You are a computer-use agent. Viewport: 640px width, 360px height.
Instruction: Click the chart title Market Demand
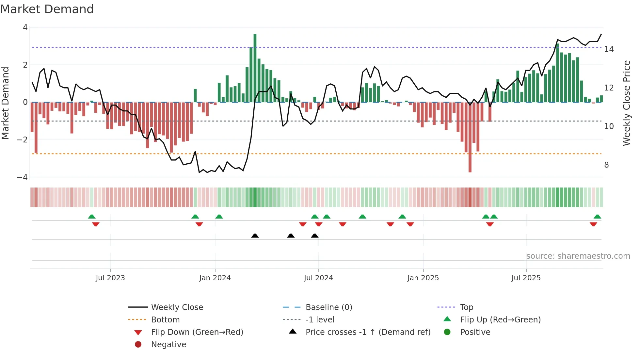coord(47,9)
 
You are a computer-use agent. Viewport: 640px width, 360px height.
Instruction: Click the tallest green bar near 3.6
coord(255,68)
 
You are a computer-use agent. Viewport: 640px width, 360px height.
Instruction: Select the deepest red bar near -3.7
coord(470,137)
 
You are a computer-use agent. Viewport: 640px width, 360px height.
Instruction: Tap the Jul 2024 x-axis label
coord(318,278)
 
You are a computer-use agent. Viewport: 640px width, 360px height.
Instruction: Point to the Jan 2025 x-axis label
coord(423,278)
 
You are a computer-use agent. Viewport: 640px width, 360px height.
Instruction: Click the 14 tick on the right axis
coord(609,49)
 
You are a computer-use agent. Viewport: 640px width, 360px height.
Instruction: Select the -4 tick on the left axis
coord(23,177)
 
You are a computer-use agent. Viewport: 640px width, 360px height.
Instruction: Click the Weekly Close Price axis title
coord(626,103)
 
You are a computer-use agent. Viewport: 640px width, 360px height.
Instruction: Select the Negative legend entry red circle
coord(138,345)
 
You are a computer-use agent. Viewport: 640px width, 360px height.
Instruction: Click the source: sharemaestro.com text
coord(578,256)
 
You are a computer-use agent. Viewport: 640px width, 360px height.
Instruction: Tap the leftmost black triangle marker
coord(255,236)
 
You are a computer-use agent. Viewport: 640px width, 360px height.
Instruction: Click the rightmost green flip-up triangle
coord(597,217)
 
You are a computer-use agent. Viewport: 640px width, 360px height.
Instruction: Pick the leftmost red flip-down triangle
coord(96,224)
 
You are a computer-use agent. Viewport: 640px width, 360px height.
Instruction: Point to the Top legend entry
coord(466,307)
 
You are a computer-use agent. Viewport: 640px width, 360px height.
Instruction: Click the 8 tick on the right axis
coord(606,165)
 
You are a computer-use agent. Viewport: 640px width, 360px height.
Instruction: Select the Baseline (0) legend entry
coord(328,307)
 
